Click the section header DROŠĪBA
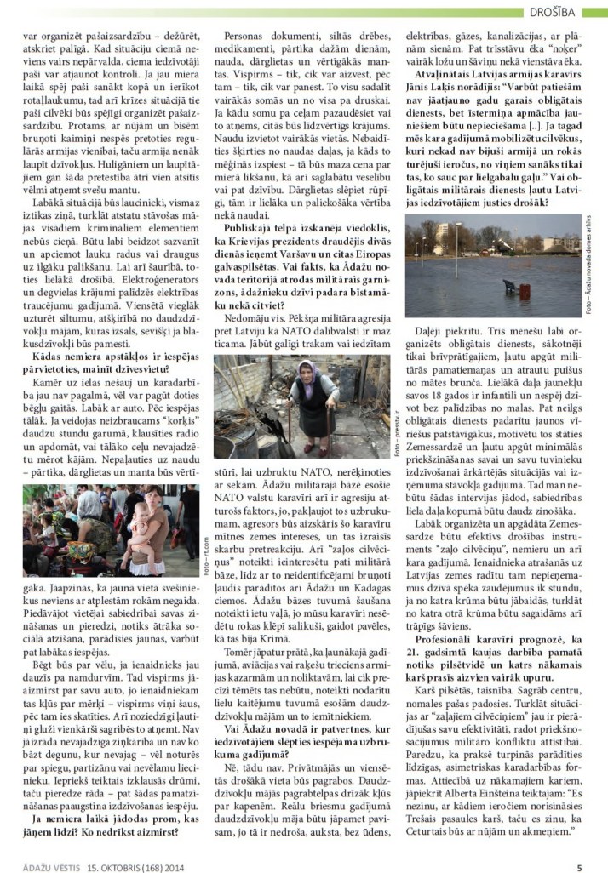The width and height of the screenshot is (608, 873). (x=576, y=11)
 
